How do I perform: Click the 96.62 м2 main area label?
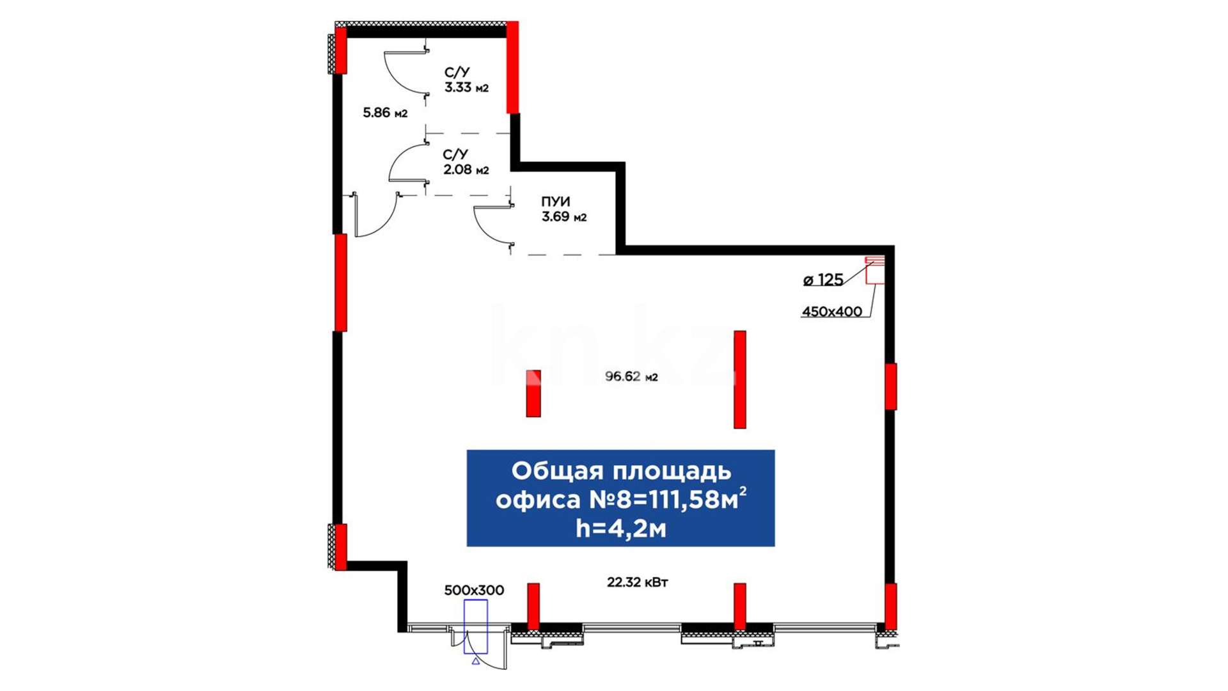point(631,377)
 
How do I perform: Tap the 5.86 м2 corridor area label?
point(385,113)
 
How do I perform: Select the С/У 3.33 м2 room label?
point(466,80)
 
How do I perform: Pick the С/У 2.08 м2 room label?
point(466,162)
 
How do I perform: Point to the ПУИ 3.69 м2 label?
point(563,209)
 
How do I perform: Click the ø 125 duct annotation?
point(823,280)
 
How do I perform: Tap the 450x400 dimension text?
point(831,312)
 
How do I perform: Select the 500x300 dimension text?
point(474,591)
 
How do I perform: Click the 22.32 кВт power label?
point(638,582)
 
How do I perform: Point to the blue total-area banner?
point(620,498)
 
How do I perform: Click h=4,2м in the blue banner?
point(620,528)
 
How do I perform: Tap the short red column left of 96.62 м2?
point(533,393)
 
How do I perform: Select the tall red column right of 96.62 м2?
point(740,379)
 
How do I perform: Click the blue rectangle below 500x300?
point(475,626)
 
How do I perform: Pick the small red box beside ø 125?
point(875,270)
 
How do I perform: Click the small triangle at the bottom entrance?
point(475,661)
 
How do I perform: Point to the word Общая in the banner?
point(558,471)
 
